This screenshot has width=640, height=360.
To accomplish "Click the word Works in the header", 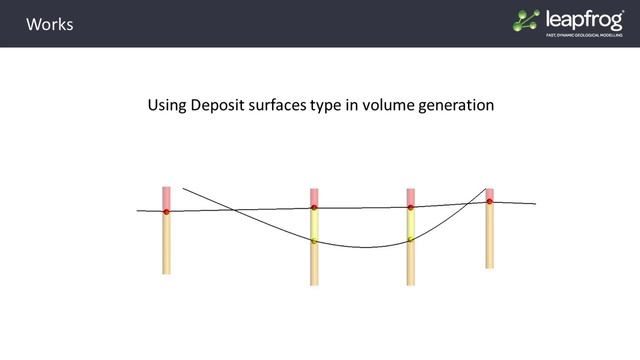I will pyautogui.click(x=49, y=24).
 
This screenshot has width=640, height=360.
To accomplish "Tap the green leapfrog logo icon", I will pyautogui.click(x=526, y=20).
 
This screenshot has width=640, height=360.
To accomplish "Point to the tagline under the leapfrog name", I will pyautogui.click(x=584, y=35).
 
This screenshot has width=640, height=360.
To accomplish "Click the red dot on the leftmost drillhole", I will pyautogui.click(x=166, y=212).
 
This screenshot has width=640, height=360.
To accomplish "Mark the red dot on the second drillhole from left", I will pyautogui.click(x=314, y=208).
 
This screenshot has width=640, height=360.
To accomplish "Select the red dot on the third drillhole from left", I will pyautogui.click(x=410, y=208).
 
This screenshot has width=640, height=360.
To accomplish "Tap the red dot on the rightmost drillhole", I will pyautogui.click(x=489, y=201).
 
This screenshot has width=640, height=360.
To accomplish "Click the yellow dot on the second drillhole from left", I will pyautogui.click(x=314, y=241).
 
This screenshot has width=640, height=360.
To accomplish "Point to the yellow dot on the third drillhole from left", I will pyautogui.click(x=410, y=240).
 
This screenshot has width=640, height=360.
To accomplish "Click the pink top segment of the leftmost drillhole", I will pyautogui.click(x=166, y=197).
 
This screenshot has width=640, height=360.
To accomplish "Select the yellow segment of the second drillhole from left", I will pyautogui.click(x=314, y=225).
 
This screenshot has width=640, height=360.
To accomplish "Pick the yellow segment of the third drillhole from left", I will pyautogui.click(x=410, y=224).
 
